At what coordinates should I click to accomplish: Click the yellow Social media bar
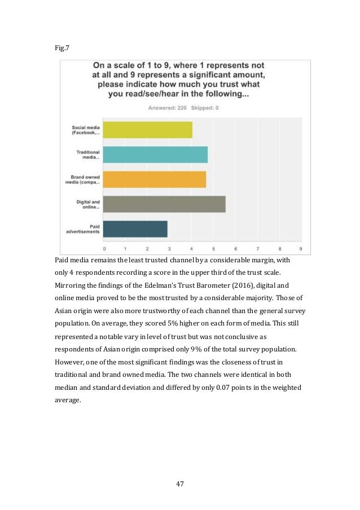click(x=148, y=130)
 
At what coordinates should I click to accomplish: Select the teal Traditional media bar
click(x=156, y=155)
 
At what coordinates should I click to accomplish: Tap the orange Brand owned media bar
click(x=155, y=179)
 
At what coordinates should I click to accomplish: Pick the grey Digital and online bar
click(x=165, y=204)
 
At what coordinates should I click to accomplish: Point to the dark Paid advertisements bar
click(x=135, y=228)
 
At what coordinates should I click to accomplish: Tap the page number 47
click(x=180, y=483)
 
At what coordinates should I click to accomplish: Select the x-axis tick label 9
click(x=301, y=248)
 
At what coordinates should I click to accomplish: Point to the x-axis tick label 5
click(x=213, y=248)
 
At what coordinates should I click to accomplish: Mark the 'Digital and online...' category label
click(x=89, y=204)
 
